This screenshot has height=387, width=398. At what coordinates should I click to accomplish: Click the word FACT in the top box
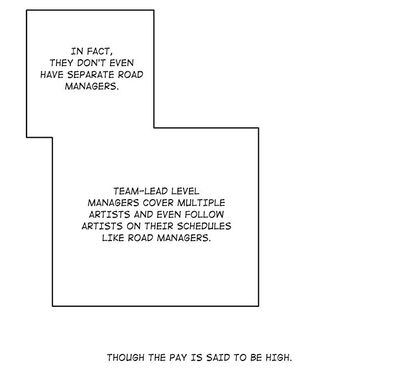click(99, 51)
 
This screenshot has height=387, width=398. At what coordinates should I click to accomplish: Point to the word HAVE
click(52, 75)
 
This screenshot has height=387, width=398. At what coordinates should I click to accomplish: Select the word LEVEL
click(185, 191)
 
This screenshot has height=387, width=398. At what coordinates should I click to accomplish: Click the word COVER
click(158, 203)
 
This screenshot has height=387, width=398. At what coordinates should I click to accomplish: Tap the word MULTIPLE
click(201, 203)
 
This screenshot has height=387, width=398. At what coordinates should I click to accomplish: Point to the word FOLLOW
click(205, 215)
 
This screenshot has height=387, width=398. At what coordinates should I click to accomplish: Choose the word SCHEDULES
click(204, 226)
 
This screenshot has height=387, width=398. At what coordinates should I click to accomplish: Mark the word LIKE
click(113, 238)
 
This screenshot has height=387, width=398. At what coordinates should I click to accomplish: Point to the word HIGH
click(279, 358)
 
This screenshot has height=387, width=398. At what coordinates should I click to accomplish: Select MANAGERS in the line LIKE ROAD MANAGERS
click(184, 238)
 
